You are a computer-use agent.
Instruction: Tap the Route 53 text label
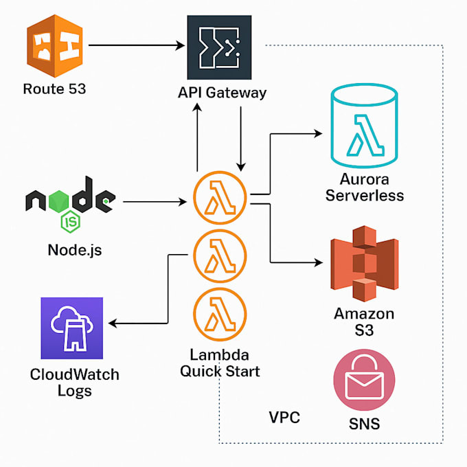pyautogui.click(x=54, y=89)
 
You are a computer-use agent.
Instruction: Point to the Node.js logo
pyautogui.click(x=69, y=201)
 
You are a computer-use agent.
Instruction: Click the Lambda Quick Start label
pyautogui.click(x=220, y=363)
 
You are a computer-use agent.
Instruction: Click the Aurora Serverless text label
pyautogui.click(x=364, y=187)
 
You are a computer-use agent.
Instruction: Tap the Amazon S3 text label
pyautogui.click(x=364, y=321)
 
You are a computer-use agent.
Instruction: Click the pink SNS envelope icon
pyautogui.click(x=364, y=379)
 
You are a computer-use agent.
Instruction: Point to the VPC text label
pyautogui.click(x=284, y=418)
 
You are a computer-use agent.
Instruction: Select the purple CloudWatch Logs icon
pyautogui.click(x=71, y=328)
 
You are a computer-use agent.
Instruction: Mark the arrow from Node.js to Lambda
pyautogui.click(x=155, y=202)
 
